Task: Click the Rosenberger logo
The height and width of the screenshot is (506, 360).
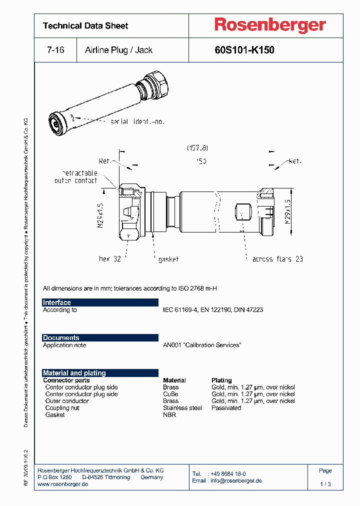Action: [270, 25]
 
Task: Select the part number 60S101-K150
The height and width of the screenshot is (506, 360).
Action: [244, 50]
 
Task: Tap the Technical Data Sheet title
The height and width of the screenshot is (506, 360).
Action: [85, 25]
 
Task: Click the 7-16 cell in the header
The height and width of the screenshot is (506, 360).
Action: [55, 50]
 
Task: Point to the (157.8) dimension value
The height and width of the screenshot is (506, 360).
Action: [197, 148]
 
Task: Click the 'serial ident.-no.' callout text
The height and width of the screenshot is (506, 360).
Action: [137, 121]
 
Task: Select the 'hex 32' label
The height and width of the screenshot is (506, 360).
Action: [110, 259]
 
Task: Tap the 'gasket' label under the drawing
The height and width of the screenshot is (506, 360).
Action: [168, 259]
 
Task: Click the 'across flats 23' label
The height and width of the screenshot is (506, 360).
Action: [277, 259]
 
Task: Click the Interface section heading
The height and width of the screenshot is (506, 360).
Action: [57, 302]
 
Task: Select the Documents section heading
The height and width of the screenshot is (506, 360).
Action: [61, 338]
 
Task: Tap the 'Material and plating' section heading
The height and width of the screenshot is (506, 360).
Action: [74, 373]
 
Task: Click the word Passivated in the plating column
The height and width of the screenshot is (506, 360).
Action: [226, 408]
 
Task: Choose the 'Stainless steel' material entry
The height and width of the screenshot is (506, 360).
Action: [182, 408]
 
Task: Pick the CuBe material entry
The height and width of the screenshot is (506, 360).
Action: [170, 394]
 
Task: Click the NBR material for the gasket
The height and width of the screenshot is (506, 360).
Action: [169, 415]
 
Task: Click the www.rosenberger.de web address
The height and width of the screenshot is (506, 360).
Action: [63, 484]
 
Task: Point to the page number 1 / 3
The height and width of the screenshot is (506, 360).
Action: [325, 484]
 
